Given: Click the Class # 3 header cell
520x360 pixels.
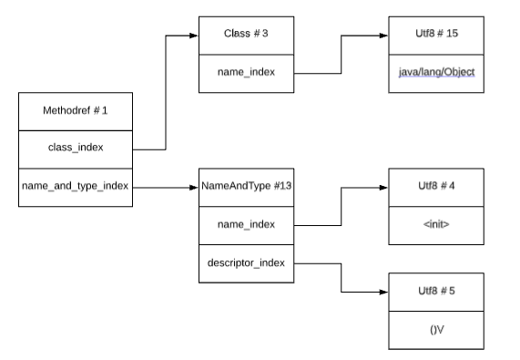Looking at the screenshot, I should [x=246, y=35].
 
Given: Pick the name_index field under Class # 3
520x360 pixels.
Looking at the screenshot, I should [x=246, y=72].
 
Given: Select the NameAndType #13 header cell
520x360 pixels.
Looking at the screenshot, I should [x=246, y=187].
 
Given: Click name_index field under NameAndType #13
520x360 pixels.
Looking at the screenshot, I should [x=246, y=224].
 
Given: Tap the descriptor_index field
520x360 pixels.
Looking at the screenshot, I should [x=246, y=262].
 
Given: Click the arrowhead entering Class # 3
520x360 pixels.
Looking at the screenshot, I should [x=193, y=36].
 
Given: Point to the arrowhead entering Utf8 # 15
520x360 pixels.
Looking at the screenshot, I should [x=382, y=36].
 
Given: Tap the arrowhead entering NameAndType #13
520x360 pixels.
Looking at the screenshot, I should [x=193, y=187].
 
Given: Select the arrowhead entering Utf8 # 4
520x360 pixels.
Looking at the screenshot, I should [x=382, y=187].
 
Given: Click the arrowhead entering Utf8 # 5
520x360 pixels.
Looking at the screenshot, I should [x=382, y=292].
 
